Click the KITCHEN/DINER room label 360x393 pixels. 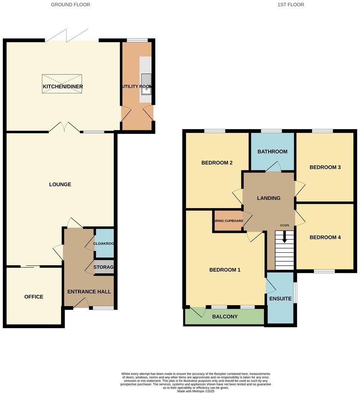(62, 87)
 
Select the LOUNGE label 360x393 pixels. (60, 185)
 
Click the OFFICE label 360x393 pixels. (34, 297)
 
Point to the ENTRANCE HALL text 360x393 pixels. (89, 291)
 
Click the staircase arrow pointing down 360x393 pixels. (285, 238)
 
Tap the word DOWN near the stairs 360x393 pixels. (285, 226)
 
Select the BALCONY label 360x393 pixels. (225, 317)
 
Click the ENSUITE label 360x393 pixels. (281, 298)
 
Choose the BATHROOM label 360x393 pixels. (273, 151)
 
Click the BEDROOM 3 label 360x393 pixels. (325, 167)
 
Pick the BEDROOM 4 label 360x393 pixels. (325, 237)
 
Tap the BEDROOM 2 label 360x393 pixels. (217, 163)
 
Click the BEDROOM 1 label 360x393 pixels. (225, 270)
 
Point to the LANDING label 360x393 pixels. (269, 198)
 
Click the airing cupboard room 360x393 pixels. (228, 221)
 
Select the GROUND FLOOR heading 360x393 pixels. (70, 5)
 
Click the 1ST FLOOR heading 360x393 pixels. (290, 5)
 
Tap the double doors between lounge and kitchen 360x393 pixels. (64, 128)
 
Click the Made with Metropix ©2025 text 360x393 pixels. (196, 391)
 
